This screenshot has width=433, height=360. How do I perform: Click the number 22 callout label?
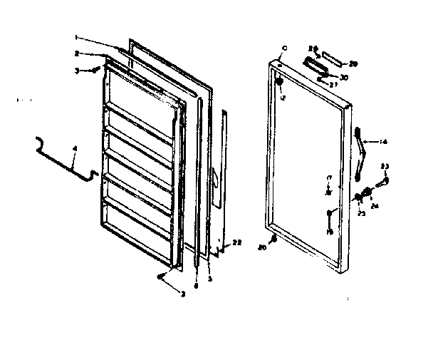click(237, 243)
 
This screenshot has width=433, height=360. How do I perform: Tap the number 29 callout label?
click(353, 64)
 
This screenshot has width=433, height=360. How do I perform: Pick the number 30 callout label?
click(345, 78)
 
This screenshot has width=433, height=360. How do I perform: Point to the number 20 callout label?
click(262, 247)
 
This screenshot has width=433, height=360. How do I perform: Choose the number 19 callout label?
click(330, 232)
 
